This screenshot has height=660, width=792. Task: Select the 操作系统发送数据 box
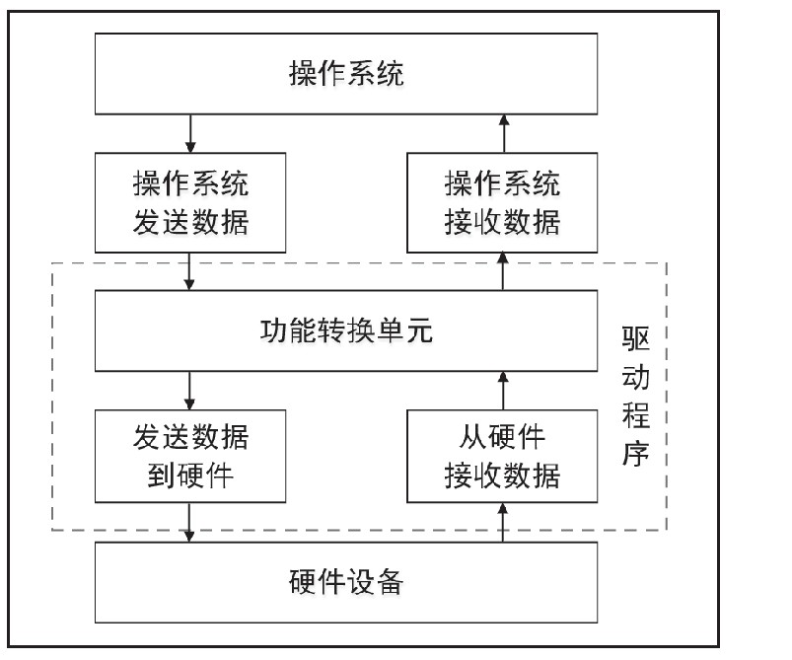pyautogui.click(x=190, y=202)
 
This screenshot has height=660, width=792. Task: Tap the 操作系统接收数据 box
pyautogui.click(x=503, y=202)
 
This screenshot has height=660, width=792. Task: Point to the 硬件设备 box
pyautogui.click(x=347, y=582)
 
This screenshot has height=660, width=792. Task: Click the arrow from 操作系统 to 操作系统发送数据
pyautogui.click(x=190, y=133)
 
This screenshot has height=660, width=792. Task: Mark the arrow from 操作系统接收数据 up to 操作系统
pyautogui.click(x=503, y=133)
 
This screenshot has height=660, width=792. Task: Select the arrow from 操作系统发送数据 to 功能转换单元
pyautogui.click(x=190, y=272)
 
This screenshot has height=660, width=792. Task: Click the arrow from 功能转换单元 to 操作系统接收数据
pyautogui.click(x=503, y=272)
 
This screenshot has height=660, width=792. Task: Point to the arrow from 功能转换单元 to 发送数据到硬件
pyautogui.click(x=190, y=391)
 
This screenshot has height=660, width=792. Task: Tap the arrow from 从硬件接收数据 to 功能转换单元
pyautogui.click(x=503, y=391)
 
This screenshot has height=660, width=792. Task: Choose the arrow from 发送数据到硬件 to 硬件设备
pyautogui.click(x=190, y=521)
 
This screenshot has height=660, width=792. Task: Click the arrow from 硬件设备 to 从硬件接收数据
pyautogui.click(x=503, y=521)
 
